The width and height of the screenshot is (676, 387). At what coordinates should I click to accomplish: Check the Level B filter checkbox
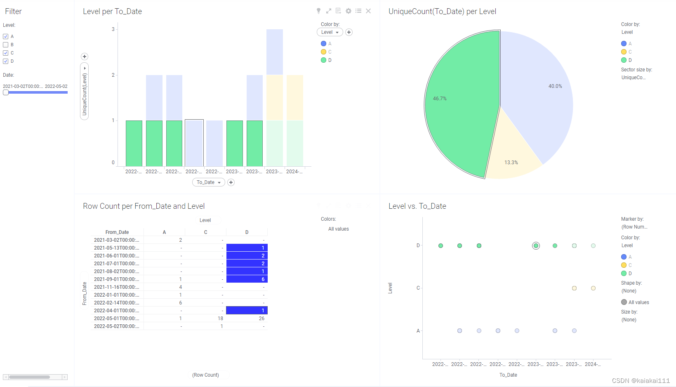6,45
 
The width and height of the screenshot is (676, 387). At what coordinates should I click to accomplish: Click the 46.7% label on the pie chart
440,99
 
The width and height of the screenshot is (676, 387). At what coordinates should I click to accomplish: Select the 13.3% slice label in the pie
511,163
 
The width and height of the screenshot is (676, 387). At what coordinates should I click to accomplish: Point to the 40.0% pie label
555,86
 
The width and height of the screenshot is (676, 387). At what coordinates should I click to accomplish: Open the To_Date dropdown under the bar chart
208,182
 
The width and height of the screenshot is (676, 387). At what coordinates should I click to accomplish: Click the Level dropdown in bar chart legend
330,32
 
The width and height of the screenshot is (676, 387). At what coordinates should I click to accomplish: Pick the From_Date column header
117,232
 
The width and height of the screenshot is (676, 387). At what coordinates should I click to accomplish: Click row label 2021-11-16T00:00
116,287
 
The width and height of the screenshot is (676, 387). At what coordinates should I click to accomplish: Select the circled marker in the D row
536,246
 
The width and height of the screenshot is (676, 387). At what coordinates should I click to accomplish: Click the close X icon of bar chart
368,11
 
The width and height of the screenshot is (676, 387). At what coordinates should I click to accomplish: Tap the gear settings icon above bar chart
349,11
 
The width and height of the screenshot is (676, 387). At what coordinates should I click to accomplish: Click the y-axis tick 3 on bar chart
113,29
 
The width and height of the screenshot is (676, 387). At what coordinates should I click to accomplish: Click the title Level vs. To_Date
417,206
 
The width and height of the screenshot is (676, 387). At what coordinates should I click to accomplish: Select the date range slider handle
6,92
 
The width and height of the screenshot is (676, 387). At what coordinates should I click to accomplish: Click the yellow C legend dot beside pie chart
624,52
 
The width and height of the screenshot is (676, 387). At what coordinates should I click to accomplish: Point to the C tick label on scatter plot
418,288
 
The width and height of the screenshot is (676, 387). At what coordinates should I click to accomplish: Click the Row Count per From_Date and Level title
144,206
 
